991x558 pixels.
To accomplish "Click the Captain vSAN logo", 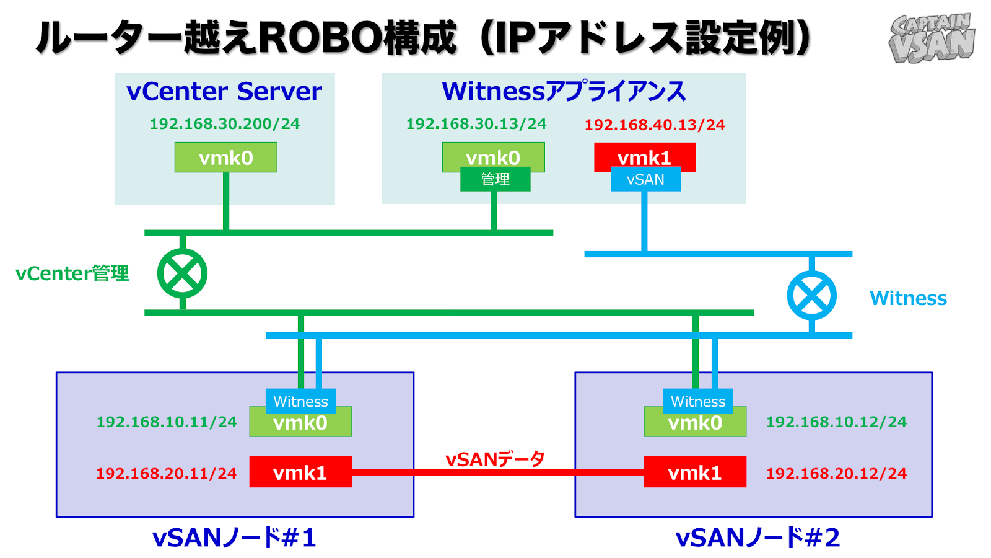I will tap(932, 38).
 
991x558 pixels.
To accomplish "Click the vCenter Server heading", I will tap(224, 92).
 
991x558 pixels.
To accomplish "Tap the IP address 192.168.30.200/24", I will tap(225, 124).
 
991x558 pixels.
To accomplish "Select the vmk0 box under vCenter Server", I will tap(225, 157).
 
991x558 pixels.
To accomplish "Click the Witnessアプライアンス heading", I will tap(564, 92).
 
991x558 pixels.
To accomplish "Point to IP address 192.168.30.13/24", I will tap(476, 124).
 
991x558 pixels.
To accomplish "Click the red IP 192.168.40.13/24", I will tap(655, 125).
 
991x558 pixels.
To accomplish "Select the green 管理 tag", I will tap(495, 179).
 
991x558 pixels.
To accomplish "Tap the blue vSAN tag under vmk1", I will tap(645, 179).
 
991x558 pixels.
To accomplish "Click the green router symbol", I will tap(182, 273).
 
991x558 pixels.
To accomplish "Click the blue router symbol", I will tap(811, 295).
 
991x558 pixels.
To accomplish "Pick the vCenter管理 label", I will tap(72, 273).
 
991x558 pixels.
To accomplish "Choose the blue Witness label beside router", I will tap(908, 298).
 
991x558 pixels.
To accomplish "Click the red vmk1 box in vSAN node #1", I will tap(300, 472).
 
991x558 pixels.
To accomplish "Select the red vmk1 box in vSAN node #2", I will tap(694, 472).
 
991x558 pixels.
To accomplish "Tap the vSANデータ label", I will tap(495, 459).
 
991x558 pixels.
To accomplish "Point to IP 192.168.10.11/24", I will tap(167, 422).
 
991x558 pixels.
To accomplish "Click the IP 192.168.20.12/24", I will tap(836, 474).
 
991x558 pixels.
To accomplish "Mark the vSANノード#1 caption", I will tap(234, 538).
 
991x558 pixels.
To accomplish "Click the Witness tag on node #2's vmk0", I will tap(698, 401).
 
